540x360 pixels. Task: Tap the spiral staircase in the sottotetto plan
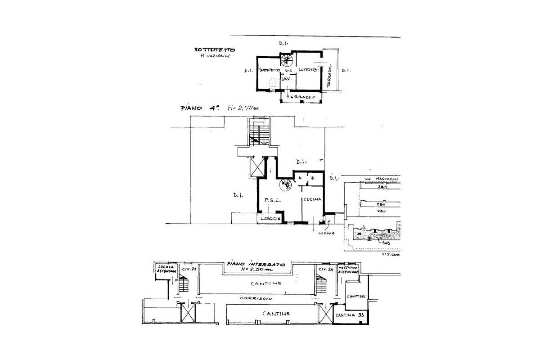[x=286, y=60]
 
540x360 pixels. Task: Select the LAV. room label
[x=285, y=79]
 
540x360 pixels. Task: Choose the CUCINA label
[x=311, y=199]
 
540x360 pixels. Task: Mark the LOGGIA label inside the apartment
[x=270, y=219]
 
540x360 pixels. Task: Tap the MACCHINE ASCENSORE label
[x=348, y=270]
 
